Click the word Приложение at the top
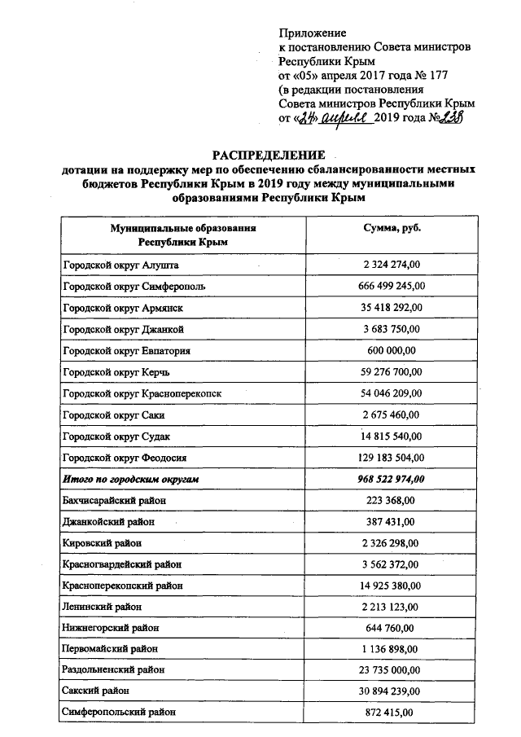tap(312, 33)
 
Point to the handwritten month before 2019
tap(346, 119)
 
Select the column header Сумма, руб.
tap(392, 229)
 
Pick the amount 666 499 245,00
tap(391, 287)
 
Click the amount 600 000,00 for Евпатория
tap(391, 351)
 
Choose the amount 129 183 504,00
tap(391, 458)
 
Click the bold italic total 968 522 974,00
tap(391, 479)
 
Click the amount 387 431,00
tap(391, 521)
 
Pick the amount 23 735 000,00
tap(391, 669)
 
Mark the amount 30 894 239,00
tap(391, 691)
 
